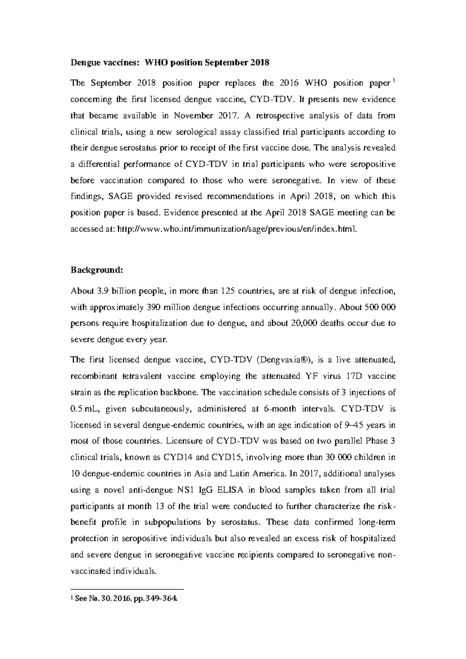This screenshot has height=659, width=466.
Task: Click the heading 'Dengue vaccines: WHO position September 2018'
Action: pos(169,62)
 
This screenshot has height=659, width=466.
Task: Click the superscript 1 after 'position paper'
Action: pos(393,81)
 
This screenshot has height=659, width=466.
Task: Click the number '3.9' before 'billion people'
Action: pos(101,291)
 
